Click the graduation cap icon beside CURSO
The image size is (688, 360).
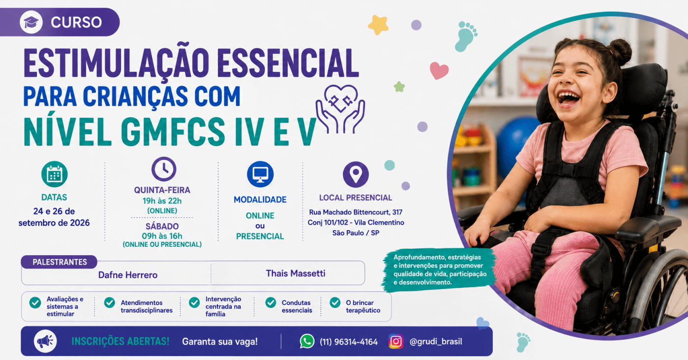(31, 22)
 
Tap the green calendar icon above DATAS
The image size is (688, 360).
(55, 174)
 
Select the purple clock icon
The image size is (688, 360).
(164, 169)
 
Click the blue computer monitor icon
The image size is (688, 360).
(260, 174)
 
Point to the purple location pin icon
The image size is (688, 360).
(356, 175)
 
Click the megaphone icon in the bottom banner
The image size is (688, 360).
(45, 341)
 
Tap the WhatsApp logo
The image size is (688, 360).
(307, 341)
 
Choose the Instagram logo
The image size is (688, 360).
(396, 341)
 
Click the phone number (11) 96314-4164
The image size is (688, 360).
(349, 342)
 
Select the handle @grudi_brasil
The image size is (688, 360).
(436, 342)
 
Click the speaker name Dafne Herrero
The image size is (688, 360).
(128, 275)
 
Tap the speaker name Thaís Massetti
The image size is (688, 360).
(296, 273)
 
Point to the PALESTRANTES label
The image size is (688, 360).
(60, 262)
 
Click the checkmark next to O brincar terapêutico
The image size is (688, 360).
(335, 302)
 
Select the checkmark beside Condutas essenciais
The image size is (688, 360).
(270, 302)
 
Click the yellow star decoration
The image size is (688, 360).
(378, 25)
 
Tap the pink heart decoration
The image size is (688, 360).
(439, 71)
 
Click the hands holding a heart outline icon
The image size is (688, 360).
(340, 109)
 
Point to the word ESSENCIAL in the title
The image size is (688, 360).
(288, 63)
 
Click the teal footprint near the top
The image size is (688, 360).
(466, 36)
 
